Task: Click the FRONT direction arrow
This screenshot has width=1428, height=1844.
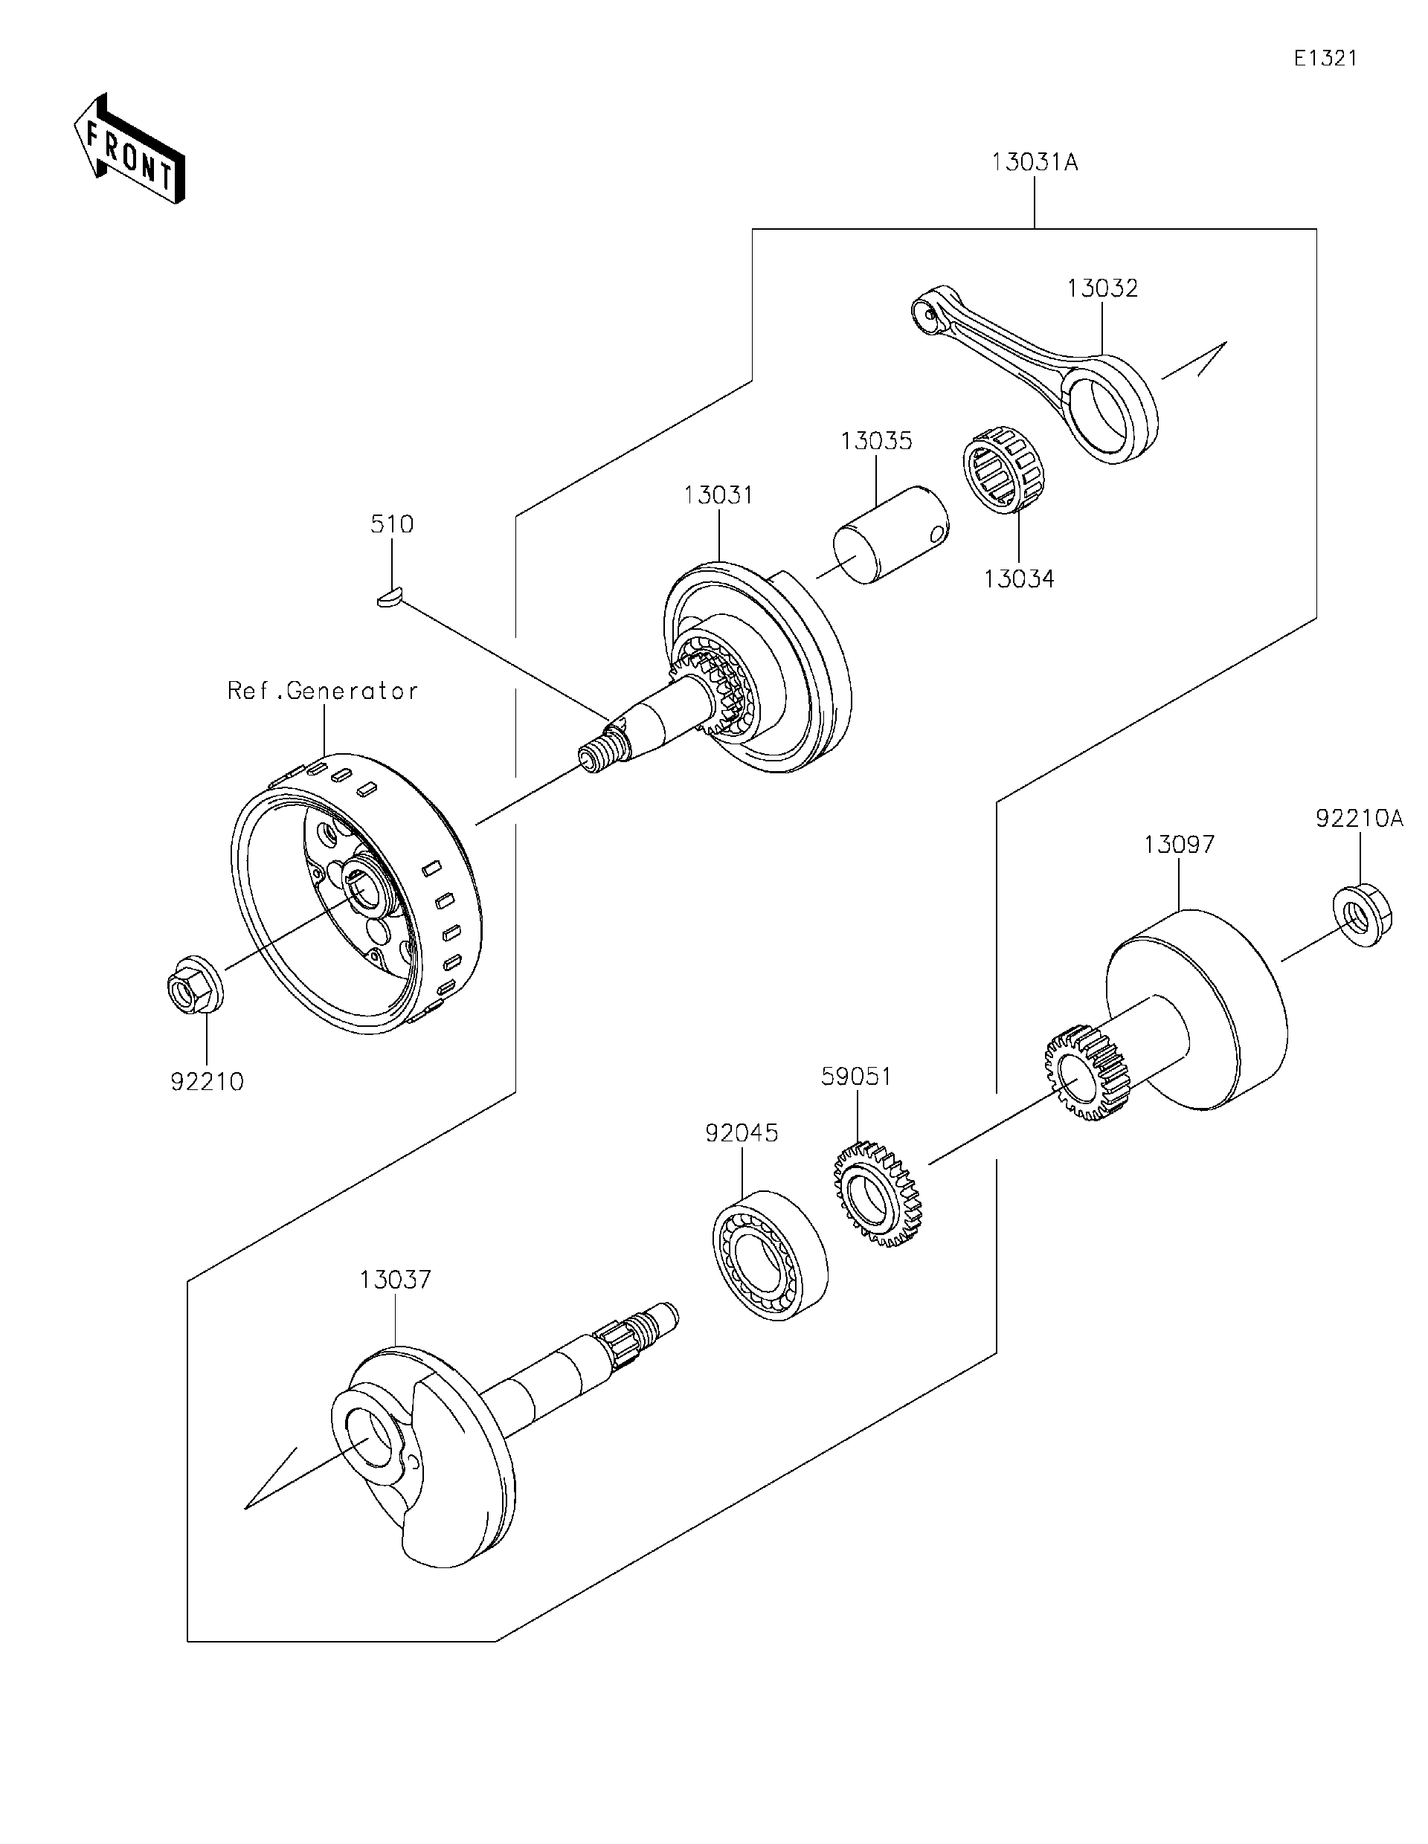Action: click(x=129, y=150)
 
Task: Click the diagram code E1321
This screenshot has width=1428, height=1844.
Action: click(x=1325, y=58)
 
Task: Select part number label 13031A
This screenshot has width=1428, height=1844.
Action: click(x=1035, y=162)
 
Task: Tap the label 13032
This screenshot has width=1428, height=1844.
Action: click(x=1102, y=288)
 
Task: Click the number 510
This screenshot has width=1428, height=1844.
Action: click(x=392, y=524)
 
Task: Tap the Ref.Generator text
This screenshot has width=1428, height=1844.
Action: click(x=323, y=691)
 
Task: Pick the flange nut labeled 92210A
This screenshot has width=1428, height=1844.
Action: click(x=1361, y=914)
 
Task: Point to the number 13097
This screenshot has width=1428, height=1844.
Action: click(x=1179, y=845)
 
